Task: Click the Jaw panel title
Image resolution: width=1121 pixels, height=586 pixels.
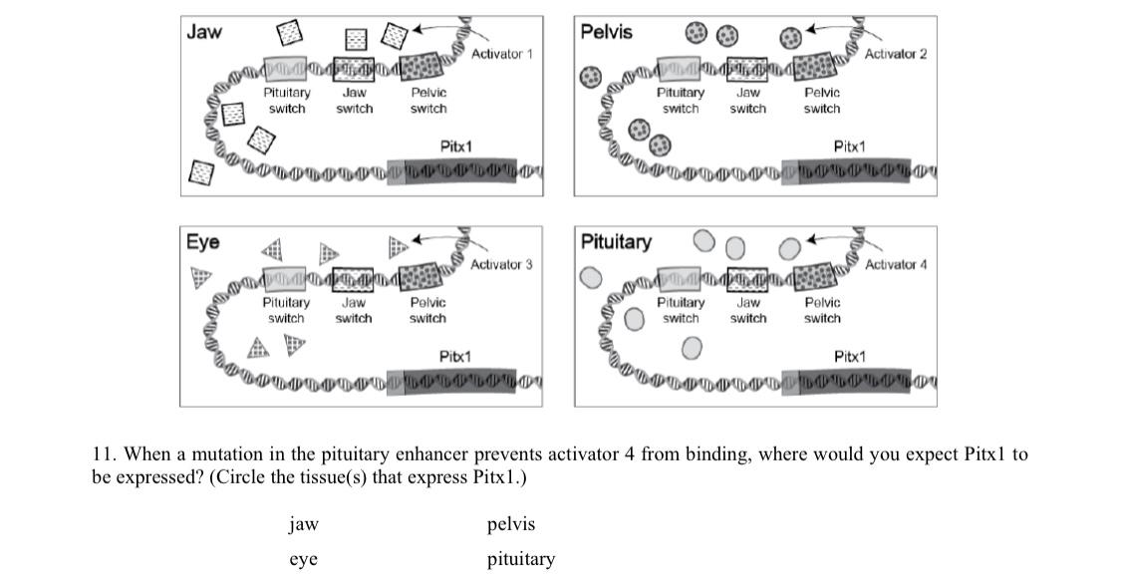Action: [x=204, y=31]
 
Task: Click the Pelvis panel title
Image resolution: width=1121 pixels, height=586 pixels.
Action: [x=606, y=32]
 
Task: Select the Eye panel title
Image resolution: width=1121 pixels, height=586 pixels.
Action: [x=203, y=242]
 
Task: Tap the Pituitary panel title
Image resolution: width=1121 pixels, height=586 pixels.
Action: [x=616, y=242]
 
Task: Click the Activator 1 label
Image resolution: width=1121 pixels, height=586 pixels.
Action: [x=501, y=54]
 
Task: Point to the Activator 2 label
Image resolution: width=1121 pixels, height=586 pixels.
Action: [x=895, y=54]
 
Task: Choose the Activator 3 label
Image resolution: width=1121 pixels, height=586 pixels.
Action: [x=501, y=265]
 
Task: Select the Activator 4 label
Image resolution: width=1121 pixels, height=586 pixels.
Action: [x=895, y=265]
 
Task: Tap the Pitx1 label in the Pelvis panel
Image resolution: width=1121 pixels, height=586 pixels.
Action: [x=849, y=146]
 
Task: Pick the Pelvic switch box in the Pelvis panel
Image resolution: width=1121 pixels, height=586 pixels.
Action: [x=822, y=68]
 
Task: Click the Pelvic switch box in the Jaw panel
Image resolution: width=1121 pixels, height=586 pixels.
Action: [x=427, y=68]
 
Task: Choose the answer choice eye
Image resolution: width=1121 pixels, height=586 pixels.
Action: [x=303, y=559]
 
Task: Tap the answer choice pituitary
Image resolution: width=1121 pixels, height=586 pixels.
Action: [x=520, y=559]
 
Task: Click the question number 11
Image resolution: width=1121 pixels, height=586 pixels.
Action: [x=103, y=454]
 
